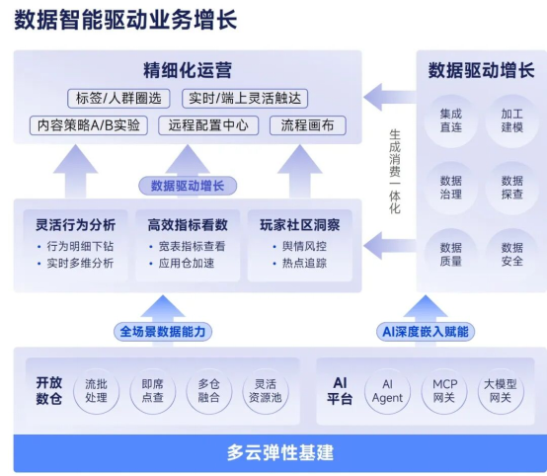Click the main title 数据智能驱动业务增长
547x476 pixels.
click(x=125, y=21)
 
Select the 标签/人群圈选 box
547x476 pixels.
click(x=119, y=98)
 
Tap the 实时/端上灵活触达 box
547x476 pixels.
click(x=247, y=98)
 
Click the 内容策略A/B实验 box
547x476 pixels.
click(x=88, y=125)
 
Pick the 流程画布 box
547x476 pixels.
click(x=307, y=125)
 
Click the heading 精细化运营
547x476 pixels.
click(x=188, y=70)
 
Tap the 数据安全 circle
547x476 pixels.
click(x=511, y=255)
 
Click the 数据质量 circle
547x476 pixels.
click(x=450, y=255)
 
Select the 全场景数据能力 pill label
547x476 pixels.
click(x=162, y=332)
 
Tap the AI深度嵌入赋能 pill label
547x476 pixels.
click(x=425, y=332)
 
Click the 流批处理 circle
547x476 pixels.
click(x=96, y=390)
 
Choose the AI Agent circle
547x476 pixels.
click(x=387, y=390)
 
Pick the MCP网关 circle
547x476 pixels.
click(x=443, y=390)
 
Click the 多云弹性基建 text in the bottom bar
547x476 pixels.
click(x=279, y=453)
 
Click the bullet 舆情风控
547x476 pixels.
click(x=305, y=246)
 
